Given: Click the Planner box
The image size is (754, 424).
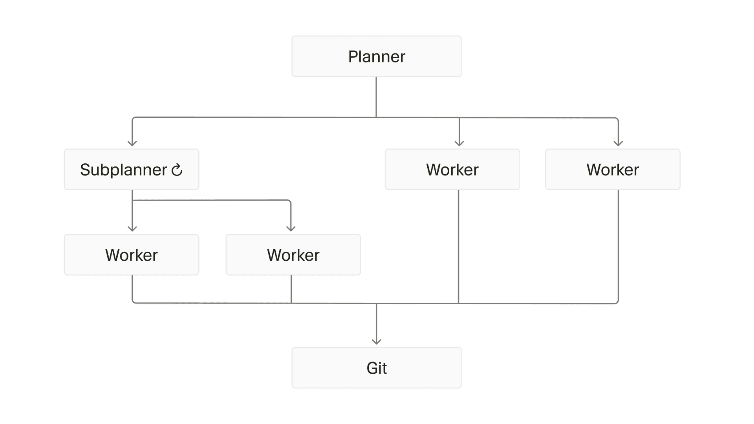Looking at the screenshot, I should tap(377, 56).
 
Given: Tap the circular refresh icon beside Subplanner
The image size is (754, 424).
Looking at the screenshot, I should tap(177, 170).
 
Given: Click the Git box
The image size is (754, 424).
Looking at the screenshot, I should tap(377, 368).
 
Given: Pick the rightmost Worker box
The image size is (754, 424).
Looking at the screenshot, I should tap(613, 169).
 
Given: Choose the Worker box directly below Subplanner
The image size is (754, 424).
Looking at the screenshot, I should tap(131, 255).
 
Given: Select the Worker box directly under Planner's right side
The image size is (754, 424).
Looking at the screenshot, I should tap(452, 169).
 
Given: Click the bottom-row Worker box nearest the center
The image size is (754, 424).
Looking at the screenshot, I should tap(293, 255).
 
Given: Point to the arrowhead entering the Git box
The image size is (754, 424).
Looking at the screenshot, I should tap(377, 342).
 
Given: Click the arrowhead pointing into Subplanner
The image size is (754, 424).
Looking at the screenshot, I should tap(132, 143).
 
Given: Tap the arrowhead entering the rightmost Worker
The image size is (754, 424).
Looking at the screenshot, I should tap(618, 143).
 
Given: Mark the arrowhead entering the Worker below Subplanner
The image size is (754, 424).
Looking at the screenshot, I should tap(132, 228).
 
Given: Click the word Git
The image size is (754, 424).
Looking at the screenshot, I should tap(377, 368).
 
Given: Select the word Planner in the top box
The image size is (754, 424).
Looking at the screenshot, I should tap(377, 57).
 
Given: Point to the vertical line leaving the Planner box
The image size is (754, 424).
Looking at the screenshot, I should tap(376, 96).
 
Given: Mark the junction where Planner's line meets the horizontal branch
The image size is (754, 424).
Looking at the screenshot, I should tap(376, 117).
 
